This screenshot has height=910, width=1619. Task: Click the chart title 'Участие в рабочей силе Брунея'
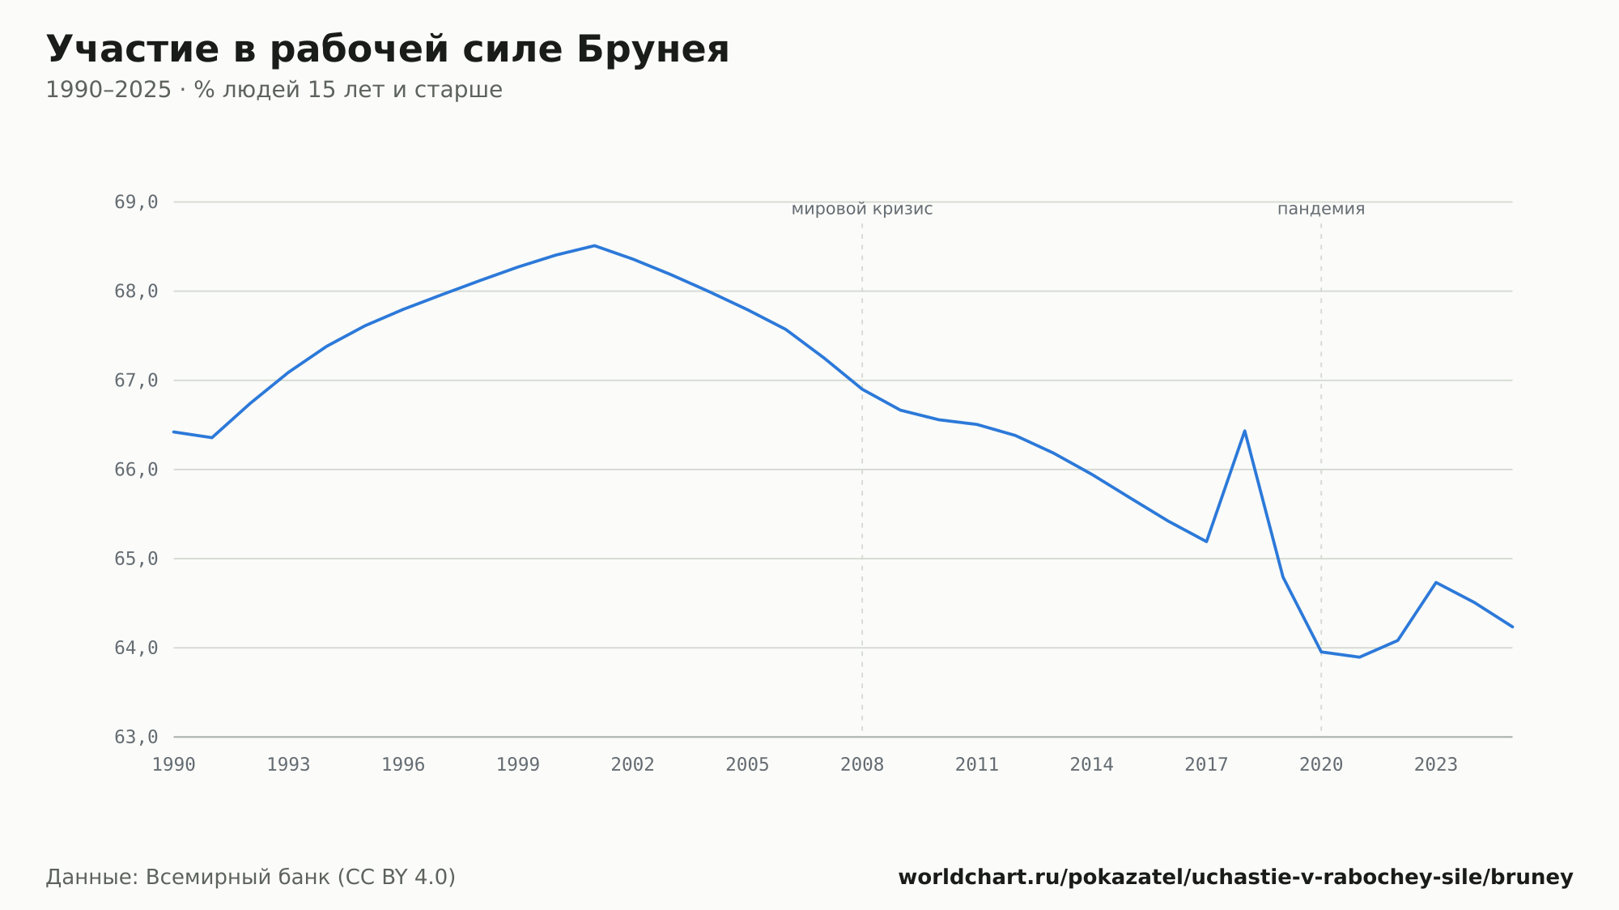click(x=388, y=49)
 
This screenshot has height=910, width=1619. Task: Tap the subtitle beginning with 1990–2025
click(x=274, y=90)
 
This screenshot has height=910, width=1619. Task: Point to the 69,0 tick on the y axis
click(x=136, y=202)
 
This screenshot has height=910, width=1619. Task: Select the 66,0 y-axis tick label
click(x=136, y=470)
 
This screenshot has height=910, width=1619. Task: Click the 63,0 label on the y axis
click(x=136, y=737)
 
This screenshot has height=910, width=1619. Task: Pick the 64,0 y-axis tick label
click(x=136, y=648)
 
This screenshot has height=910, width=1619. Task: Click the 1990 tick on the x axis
click(x=174, y=765)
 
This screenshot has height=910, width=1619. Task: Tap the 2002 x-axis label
click(x=633, y=765)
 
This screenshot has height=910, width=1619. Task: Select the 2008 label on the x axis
click(x=862, y=765)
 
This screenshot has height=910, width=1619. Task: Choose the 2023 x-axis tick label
click(x=1436, y=765)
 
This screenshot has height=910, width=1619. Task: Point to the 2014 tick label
click(x=1092, y=765)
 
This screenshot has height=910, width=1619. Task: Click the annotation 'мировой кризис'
click(x=862, y=209)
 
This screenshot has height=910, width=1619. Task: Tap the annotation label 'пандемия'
click(x=1321, y=209)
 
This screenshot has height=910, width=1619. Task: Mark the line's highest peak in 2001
click(x=594, y=245)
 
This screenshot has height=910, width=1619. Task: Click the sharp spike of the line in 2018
click(x=1244, y=431)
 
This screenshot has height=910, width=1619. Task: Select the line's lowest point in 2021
click(x=1359, y=657)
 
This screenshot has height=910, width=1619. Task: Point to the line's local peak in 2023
click(x=1436, y=582)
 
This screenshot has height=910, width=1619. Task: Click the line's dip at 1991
click(x=212, y=437)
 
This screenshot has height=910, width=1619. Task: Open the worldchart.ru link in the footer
click(x=1235, y=877)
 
